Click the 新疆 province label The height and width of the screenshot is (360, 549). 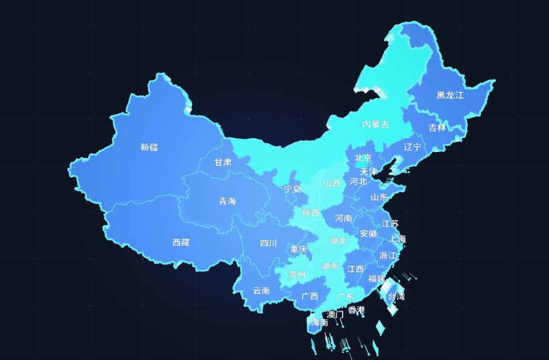click(149, 147)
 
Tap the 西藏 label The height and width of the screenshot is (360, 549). click(181, 242)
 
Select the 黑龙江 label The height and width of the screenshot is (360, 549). click(450, 96)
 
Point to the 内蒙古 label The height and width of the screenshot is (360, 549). click(375, 124)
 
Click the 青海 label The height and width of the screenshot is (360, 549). click(228, 201)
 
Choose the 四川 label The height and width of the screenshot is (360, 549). click(268, 243)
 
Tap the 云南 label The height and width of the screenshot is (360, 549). click(261, 291)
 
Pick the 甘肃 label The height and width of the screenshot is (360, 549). click(223, 162)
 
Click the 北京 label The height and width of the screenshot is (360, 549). click(363, 158)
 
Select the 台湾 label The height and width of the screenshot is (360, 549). click(396, 297)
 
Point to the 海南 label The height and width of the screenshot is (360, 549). click(320, 322)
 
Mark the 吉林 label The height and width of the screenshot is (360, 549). click(438, 128)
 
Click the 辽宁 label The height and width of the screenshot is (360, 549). click(413, 147)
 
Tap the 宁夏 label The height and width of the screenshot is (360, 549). click(293, 189)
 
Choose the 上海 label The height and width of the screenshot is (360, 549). click(397, 239)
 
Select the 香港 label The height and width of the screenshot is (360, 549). click(356, 310)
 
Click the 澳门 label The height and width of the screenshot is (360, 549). click(335, 314)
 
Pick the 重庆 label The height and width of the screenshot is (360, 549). click(299, 249)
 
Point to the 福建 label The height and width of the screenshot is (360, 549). click(376, 278)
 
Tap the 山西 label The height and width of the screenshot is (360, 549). click(332, 184)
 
